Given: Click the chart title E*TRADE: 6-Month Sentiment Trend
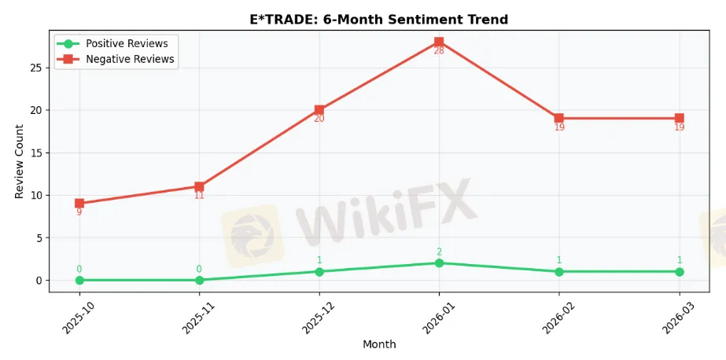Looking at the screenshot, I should pos(378,20).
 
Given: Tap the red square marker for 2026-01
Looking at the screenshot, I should pos(439,42).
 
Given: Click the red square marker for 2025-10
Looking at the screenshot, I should pos(79,203).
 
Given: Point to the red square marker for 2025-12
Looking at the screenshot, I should pos(319,110).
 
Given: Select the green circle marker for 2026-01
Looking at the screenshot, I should pos(439,263).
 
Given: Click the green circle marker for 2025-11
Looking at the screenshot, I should pos(199,280).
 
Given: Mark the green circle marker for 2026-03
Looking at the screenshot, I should pos(679,271).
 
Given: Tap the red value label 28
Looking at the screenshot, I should pos(439,51).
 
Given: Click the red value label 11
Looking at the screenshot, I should pos(199,196).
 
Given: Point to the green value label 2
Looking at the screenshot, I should pos(439,252).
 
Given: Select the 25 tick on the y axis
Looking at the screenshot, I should pos(36,68).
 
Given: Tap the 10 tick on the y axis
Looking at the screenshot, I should pos(36,195).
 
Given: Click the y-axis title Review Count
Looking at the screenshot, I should pos(20,160).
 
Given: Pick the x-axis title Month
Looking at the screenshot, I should pos(379,344).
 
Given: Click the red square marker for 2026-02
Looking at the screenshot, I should pos(559,118).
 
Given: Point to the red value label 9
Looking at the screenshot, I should pos(79,212).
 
